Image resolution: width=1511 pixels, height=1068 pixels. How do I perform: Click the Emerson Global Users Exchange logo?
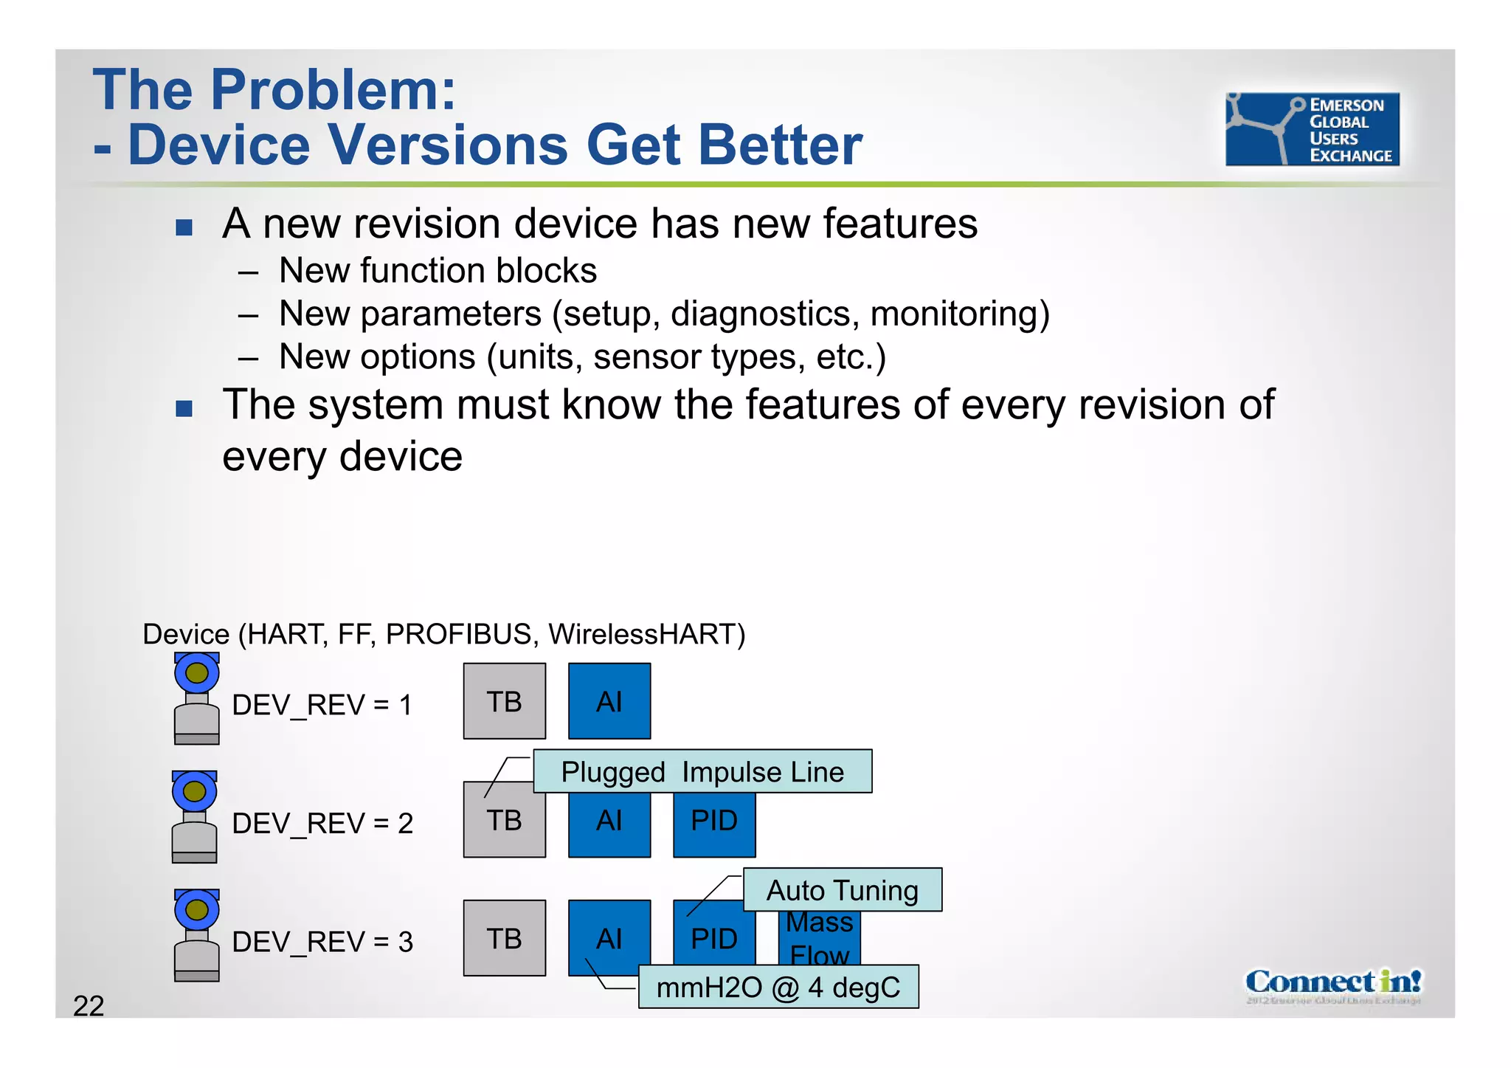point(1312,129)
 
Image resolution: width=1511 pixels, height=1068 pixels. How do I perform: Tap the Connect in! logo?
point(1332,984)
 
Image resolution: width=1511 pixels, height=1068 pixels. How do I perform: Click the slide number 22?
point(89,1006)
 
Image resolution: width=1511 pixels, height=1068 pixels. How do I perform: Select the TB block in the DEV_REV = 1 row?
point(505,701)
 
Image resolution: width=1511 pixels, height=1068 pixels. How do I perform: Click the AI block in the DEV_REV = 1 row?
point(609,701)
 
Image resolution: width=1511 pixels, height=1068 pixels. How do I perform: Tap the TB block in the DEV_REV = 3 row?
point(505,938)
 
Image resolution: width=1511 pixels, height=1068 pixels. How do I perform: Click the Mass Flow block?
point(820,938)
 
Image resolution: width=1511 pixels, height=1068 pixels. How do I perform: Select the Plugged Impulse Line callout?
point(702,772)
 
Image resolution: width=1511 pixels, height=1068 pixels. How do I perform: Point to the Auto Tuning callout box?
point(843,890)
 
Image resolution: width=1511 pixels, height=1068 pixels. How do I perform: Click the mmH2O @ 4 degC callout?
point(778,988)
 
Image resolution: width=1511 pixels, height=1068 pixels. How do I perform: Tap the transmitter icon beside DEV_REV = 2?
point(195,817)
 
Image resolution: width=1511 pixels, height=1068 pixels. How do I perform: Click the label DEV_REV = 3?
point(322,942)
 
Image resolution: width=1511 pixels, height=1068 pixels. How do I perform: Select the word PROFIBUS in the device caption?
point(459,634)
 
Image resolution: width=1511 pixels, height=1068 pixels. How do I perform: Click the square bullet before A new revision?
point(184,227)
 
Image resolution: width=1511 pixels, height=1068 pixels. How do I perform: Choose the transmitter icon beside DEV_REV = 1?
point(196,698)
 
